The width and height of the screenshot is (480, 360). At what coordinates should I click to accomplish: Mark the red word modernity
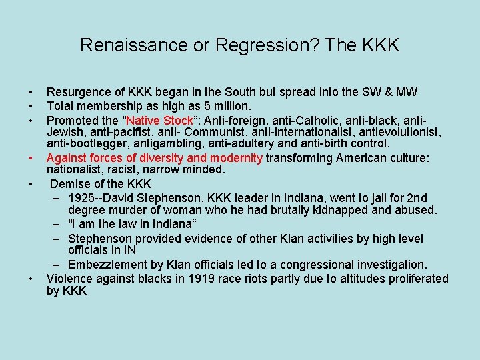pos(236,158)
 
